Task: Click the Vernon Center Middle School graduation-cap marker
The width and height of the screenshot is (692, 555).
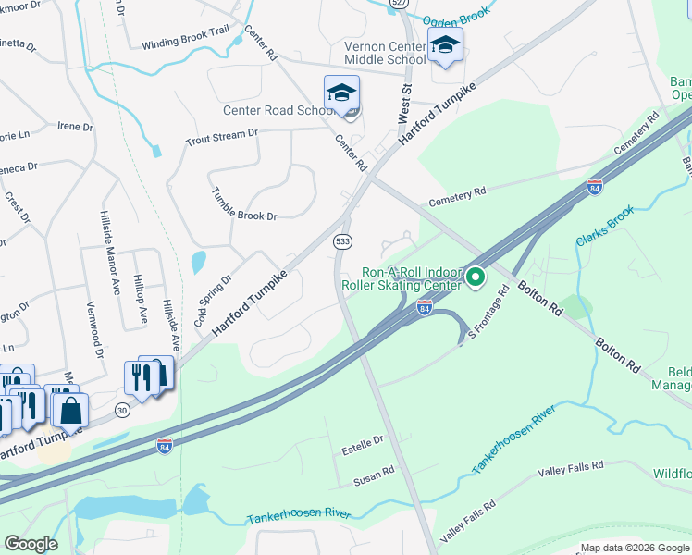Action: [445, 45]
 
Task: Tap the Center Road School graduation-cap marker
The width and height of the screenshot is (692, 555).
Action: [341, 94]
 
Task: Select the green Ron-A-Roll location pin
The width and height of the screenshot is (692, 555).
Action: [476, 277]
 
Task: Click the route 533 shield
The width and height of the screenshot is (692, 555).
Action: [343, 241]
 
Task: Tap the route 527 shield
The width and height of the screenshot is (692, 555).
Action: [399, 4]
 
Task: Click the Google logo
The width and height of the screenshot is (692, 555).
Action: [31, 544]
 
